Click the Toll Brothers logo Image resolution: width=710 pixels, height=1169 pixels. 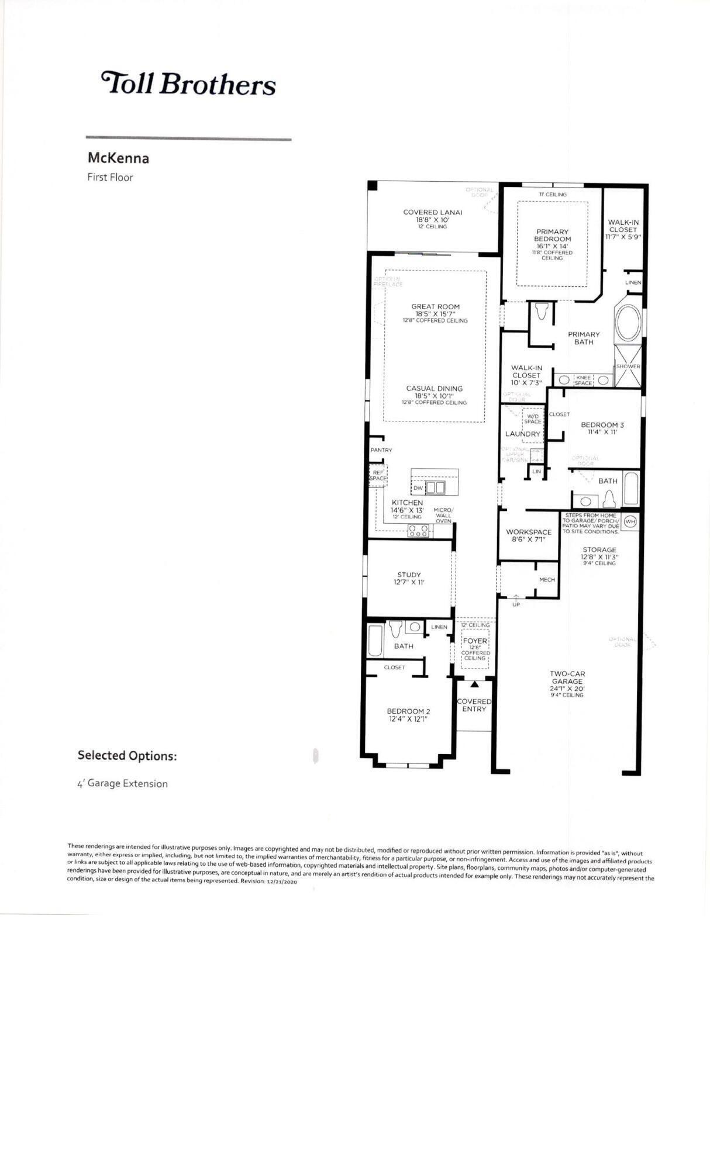coord(188,84)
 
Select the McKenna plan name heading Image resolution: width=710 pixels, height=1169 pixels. coord(118,158)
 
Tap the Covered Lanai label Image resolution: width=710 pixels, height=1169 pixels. coord(432,212)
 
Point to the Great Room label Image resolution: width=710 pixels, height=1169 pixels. coord(435,306)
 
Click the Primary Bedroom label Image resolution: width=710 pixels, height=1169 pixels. coord(552,235)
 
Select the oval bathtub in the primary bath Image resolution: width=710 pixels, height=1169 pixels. coord(626,323)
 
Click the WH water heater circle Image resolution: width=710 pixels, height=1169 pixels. coord(630,521)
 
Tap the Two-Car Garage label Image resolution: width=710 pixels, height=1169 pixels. coord(567,677)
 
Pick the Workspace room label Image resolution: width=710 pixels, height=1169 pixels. coord(528,532)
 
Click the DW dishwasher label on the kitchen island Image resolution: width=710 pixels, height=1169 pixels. coord(418,488)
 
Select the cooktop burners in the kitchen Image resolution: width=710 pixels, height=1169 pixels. coord(418,531)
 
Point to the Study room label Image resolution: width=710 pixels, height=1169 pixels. coord(409,575)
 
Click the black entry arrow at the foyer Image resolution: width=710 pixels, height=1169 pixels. coord(474,683)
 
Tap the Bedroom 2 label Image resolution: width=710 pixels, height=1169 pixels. coord(408,711)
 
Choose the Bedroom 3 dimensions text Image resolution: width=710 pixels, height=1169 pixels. coord(602,433)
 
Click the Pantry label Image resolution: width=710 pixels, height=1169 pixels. coord(381,450)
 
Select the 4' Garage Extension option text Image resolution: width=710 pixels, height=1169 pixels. coord(122,784)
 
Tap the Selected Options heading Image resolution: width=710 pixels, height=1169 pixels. coord(127,755)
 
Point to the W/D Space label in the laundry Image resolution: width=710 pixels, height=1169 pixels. coord(532,419)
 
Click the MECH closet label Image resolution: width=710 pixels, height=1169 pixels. coord(546,580)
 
